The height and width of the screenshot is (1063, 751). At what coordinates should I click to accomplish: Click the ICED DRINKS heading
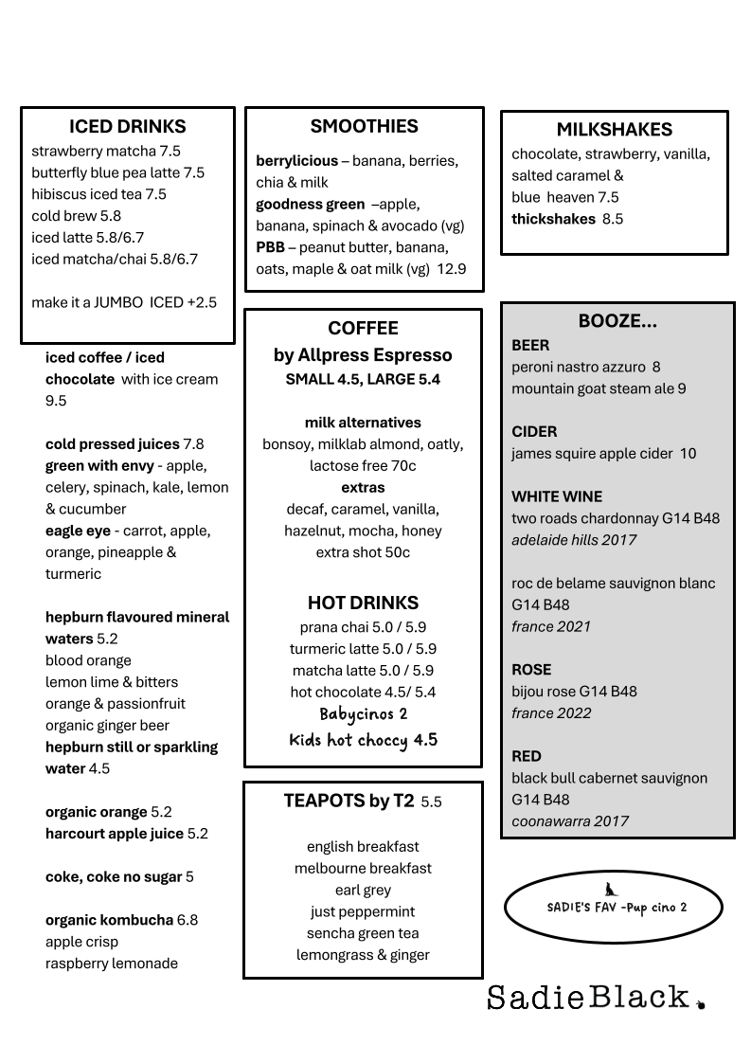click(128, 126)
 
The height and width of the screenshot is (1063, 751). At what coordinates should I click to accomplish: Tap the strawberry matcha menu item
click(106, 151)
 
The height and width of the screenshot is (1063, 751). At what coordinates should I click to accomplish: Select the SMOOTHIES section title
click(364, 126)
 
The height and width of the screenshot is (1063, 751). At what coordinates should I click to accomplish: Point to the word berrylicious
click(296, 160)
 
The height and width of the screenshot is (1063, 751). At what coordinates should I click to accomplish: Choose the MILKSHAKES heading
click(614, 130)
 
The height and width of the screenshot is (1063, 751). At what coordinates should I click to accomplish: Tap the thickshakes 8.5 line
click(567, 219)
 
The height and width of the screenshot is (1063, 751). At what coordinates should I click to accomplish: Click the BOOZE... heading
click(617, 321)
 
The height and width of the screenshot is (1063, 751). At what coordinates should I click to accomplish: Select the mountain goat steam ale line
click(599, 388)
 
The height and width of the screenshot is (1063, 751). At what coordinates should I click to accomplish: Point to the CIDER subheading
click(534, 431)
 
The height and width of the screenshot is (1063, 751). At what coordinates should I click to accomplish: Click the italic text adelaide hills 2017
click(574, 540)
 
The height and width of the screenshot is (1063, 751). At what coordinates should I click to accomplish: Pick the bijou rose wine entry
click(574, 691)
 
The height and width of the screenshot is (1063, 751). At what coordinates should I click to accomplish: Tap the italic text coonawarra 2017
click(570, 821)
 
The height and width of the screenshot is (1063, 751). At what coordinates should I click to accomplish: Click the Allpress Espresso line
click(363, 355)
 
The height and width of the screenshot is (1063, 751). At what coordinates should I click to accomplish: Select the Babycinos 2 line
click(363, 714)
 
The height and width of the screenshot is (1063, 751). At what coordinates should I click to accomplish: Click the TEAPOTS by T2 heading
click(349, 801)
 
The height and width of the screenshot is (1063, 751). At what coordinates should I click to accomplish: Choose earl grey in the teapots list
click(363, 890)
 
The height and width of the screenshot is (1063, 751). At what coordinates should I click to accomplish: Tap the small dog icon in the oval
click(611, 889)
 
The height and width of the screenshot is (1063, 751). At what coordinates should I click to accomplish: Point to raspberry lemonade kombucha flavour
click(112, 964)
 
